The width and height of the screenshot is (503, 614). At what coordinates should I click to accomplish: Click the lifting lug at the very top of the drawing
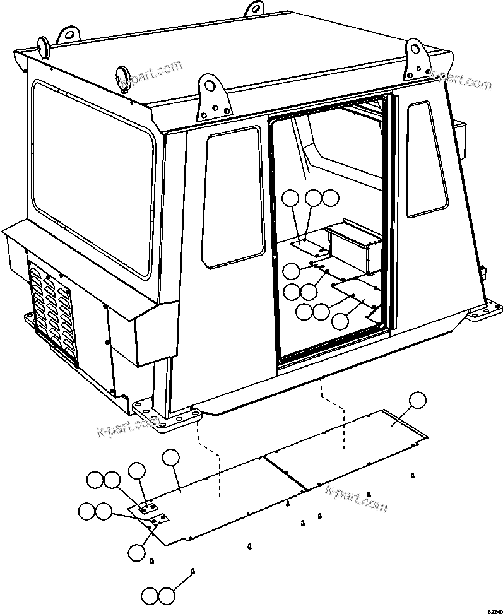click(254, 9)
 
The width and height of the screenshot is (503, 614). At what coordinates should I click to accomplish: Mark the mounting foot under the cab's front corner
click(167, 416)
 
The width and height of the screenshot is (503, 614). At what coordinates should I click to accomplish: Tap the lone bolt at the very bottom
click(192, 570)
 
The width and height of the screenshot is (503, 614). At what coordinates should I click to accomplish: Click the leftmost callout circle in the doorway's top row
click(290, 198)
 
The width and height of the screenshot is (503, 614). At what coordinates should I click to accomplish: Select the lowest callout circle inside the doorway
click(340, 321)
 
